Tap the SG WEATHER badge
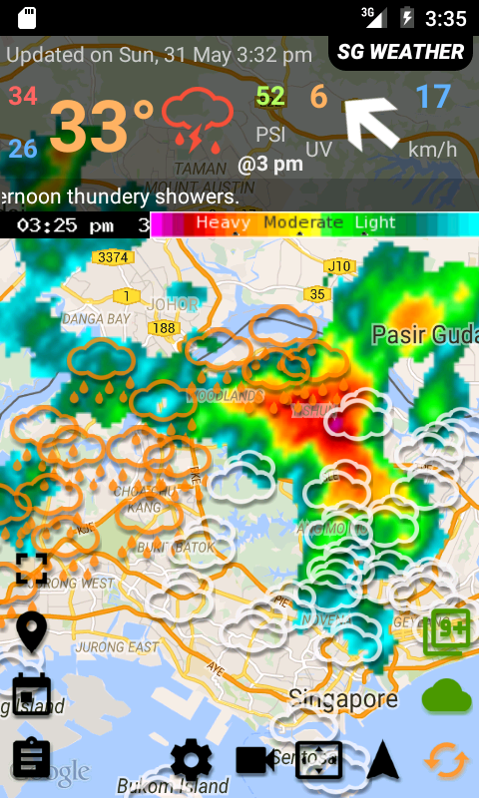pos(400,52)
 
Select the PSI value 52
pos(270,97)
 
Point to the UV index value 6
pos(318,97)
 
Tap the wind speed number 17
pos(433,97)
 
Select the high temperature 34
pos(23,97)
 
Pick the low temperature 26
pos(23,150)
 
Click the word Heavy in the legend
pos(223,223)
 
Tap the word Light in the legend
pos(375,223)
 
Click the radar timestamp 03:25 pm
pos(65,225)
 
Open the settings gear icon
pos(192,762)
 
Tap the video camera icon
pos(255,761)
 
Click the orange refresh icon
pos(446,761)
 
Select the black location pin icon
pos(32,631)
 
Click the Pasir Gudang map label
pos(424,335)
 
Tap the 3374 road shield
pos(112,257)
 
